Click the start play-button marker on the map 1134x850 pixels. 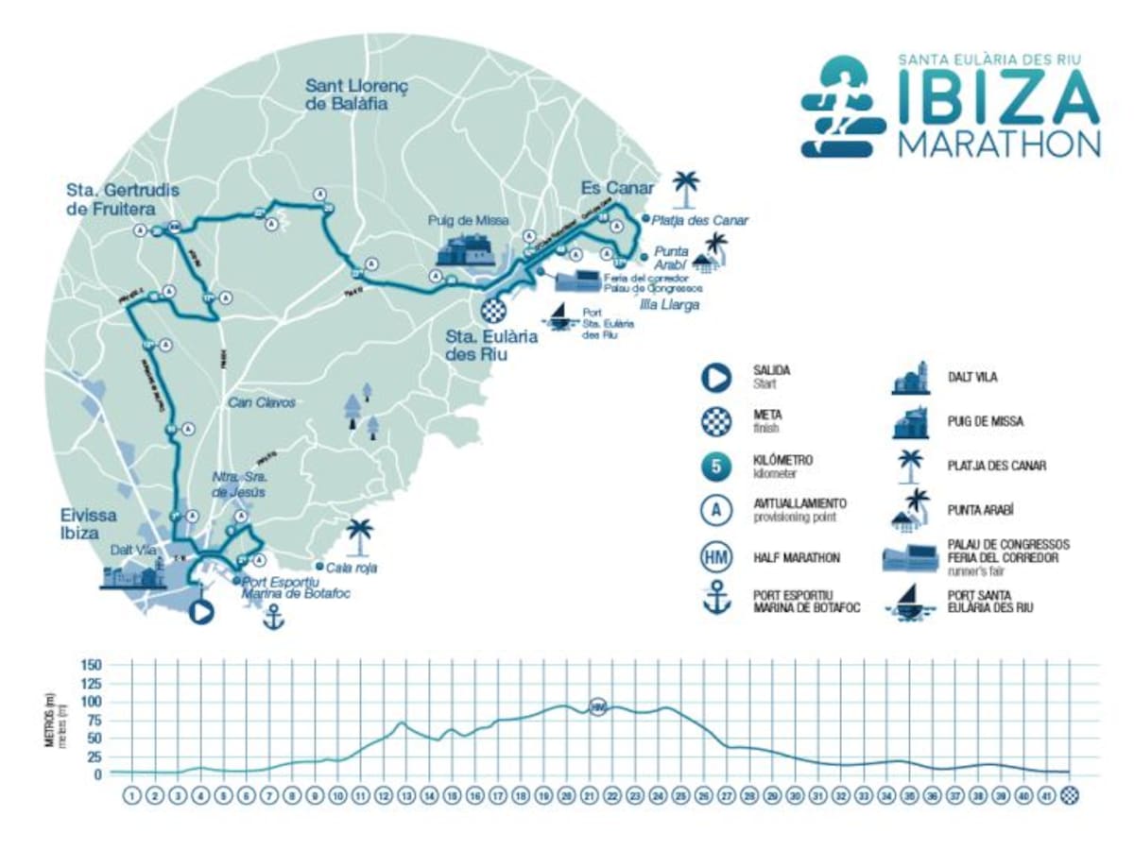click(x=200, y=612)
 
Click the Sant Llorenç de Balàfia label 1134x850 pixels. click(x=355, y=94)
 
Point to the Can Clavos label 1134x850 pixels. click(x=262, y=402)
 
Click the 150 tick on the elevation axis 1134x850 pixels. click(x=91, y=665)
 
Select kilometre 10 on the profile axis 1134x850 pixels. click(x=337, y=796)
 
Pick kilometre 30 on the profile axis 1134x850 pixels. click(x=795, y=796)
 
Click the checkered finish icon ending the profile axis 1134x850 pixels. click(x=1070, y=796)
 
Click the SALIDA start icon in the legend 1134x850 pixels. click(x=716, y=377)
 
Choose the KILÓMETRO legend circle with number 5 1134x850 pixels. click(x=716, y=467)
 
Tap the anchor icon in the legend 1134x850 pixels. click(x=716, y=601)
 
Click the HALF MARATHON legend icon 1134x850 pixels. click(x=716, y=557)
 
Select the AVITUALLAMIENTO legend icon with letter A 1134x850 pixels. click(x=716, y=511)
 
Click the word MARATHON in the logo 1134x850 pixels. click(x=1000, y=143)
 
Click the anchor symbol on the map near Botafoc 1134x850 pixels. click(x=273, y=618)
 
